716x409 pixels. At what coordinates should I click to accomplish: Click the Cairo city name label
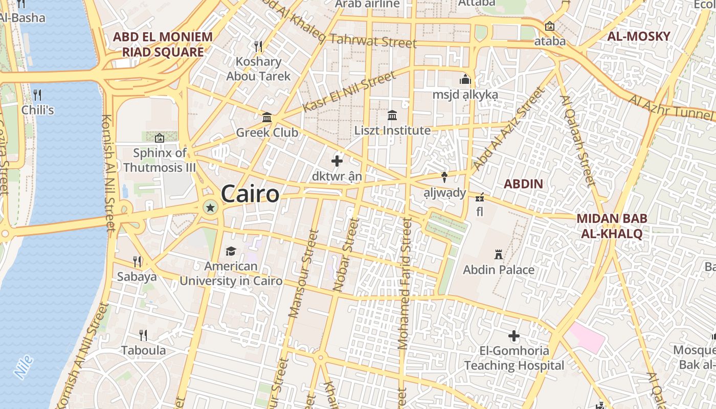tap(250, 194)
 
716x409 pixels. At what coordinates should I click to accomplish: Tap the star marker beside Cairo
tap(210, 207)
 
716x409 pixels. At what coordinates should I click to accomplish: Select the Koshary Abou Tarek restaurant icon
tap(258, 47)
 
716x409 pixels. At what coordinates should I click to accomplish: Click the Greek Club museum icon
tap(266, 118)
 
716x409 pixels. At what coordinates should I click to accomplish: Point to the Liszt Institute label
tap(392, 130)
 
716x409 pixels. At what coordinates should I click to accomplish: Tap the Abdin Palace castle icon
tap(498, 254)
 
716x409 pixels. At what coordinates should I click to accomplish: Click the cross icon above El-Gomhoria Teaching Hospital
tap(514, 336)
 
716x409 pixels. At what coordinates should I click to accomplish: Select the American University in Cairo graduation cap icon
tap(231, 251)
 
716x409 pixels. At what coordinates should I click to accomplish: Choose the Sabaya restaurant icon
tap(137, 261)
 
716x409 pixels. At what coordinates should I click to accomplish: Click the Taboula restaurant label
tap(143, 350)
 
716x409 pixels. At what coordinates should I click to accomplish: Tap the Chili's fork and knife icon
tap(37, 95)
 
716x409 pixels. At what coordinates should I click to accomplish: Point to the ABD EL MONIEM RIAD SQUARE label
tap(163, 44)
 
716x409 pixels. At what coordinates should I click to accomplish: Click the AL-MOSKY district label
tap(638, 36)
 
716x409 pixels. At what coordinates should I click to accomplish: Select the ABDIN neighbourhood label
tap(523, 184)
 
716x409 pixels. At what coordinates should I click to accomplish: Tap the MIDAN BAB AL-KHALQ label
tap(612, 226)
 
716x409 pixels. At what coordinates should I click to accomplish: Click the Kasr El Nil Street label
tap(349, 92)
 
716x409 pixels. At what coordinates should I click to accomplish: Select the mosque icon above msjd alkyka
tap(465, 79)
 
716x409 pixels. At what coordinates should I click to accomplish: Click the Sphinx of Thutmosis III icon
tap(160, 138)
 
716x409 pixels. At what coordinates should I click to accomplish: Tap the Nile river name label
tap(24, 367)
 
